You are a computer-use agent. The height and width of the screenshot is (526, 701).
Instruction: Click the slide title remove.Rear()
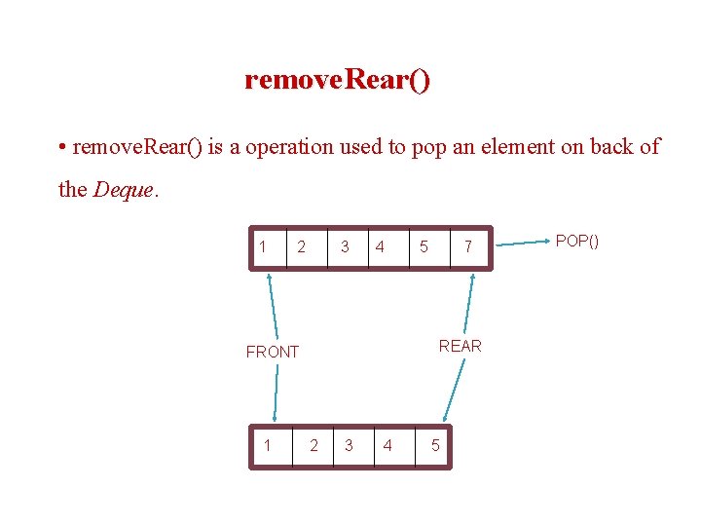coord(337,79)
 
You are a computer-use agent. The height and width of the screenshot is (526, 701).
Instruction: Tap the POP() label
coord(576,241)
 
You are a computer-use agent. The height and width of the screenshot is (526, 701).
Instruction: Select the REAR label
coord(460,346)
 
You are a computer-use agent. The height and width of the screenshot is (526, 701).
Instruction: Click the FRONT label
coord(273,352)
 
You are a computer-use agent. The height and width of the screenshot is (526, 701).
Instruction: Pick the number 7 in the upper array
coord(468,247)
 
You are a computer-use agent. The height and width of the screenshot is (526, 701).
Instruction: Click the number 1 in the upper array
coord(263,246)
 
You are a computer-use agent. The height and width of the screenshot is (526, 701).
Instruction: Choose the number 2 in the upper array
coord(302,247)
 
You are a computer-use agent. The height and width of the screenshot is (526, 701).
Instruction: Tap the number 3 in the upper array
coord(345,247)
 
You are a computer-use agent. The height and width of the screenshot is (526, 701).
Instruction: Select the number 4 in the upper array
coord(380,247)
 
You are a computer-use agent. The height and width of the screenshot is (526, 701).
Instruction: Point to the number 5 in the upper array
coord(423,247)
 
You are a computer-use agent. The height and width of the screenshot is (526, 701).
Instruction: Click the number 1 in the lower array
coord(267,445)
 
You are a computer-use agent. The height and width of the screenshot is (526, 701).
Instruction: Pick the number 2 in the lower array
coord(313,446)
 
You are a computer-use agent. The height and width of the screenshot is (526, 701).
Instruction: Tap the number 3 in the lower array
coord(349,446)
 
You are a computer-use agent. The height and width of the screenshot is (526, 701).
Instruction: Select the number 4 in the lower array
coord(387,446)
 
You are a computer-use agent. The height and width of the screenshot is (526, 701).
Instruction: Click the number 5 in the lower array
coord(434,446)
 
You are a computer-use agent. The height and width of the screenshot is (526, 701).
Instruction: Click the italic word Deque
coord(123,190)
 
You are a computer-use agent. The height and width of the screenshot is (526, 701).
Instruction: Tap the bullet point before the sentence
coord(62,148)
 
